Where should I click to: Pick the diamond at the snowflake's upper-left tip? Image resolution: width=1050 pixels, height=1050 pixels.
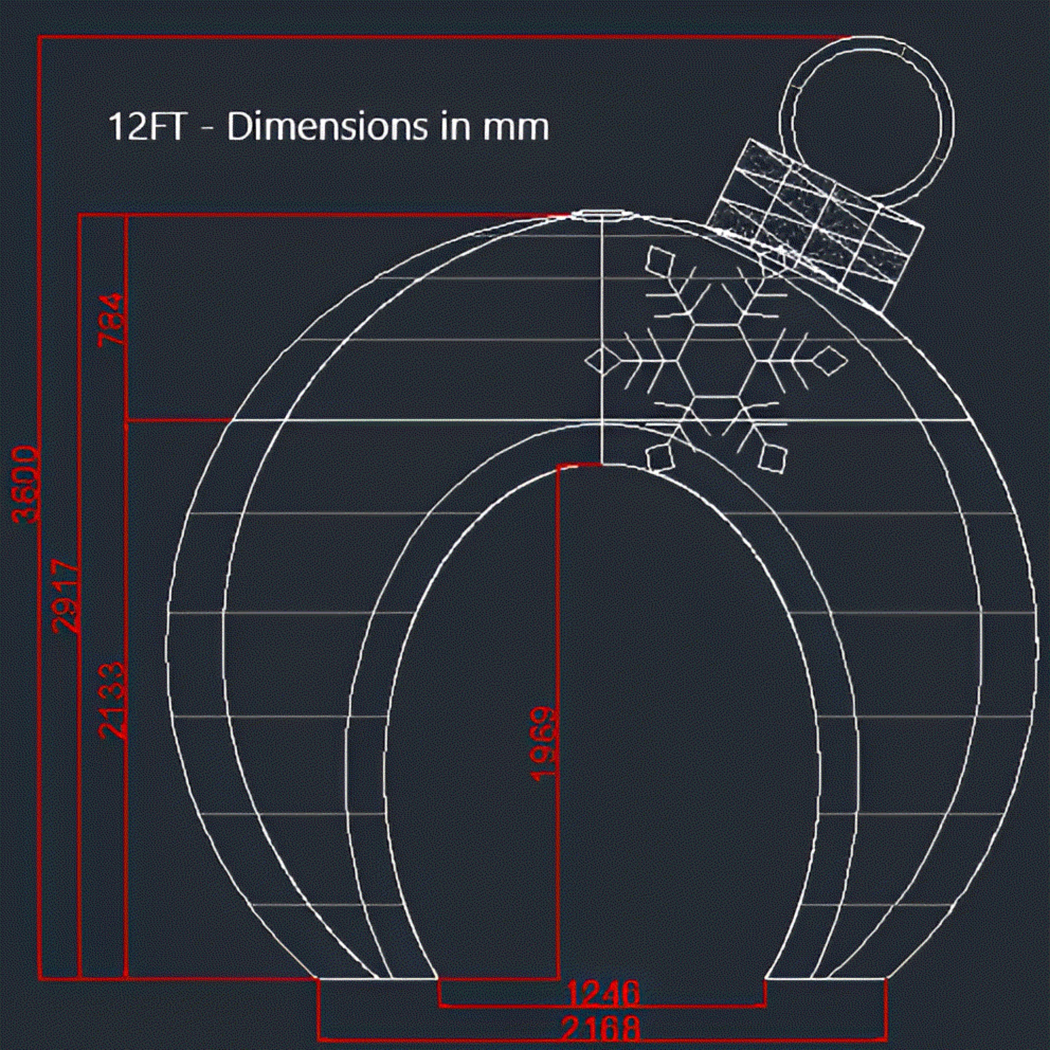pyautogui.click(x=659, y=260)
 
